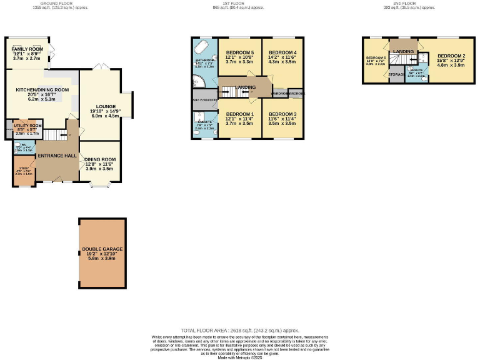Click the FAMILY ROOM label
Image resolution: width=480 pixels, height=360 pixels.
(x=27, y=49)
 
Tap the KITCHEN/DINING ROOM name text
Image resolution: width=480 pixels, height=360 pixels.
(x=42, y=90)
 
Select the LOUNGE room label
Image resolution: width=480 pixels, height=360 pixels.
(x=105, y=106)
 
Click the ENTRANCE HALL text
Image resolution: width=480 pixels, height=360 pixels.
(x=57, y=155)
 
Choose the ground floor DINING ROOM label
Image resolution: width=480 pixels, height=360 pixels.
(x=99, y=160)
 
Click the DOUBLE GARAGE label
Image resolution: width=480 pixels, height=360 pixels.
(x=102, y=249)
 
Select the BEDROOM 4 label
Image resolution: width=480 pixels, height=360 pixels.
(x=282, y=52)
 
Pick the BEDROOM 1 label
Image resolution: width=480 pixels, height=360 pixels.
(x=239, y=114)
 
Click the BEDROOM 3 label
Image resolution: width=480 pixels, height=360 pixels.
(x=282, y=114)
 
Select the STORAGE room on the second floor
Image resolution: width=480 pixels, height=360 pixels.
(x=396, y=74)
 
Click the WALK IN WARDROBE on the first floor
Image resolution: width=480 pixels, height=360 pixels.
(x=204, y=99)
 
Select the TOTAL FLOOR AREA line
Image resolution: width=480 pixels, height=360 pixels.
(x=239, y=330)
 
